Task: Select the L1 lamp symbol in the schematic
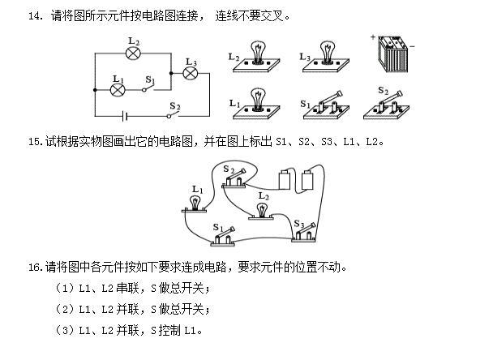[117, 91]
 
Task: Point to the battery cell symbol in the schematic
[123, 114]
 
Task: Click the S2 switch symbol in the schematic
[174, 114]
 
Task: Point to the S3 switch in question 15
[307, 233]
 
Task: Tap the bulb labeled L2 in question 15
[262, 209]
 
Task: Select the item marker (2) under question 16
[64, 309]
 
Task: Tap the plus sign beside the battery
[373, 37]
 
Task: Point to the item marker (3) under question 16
[64, 330]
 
